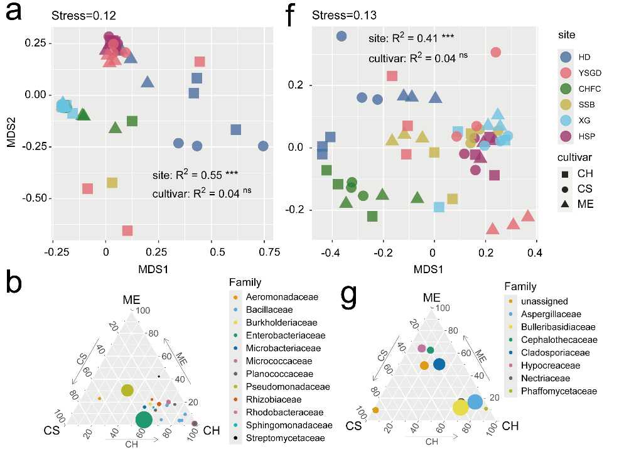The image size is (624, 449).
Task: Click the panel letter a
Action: click(x=18, y=14)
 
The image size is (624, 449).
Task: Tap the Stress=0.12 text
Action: click(x=83, y=14)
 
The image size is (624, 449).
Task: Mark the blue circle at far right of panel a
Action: click(x=263, y=146)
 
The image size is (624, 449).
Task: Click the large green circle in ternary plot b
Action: click(x=144, y=419)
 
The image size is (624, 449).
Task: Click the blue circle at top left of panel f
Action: click(x=342, y=36)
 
